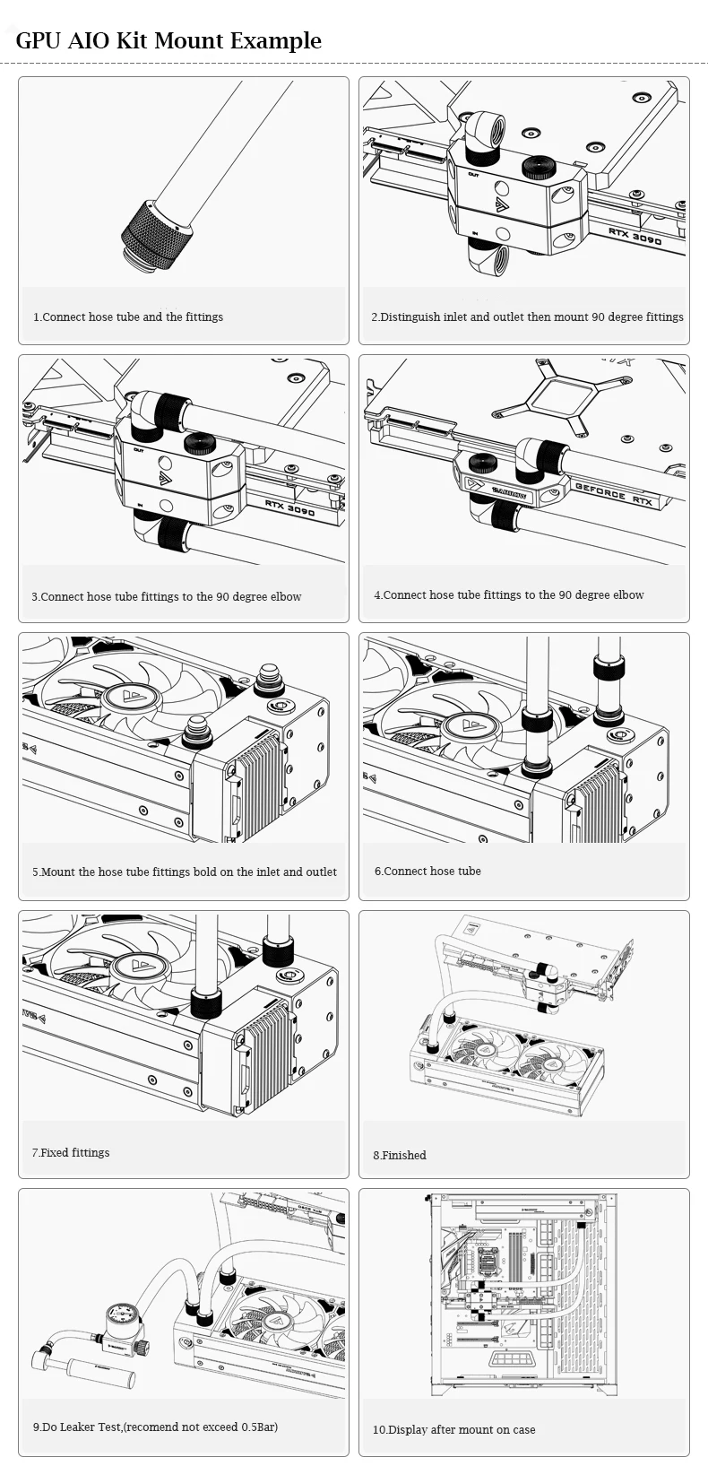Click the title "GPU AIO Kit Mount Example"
(x=168, y=40)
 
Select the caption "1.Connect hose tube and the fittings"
(x=128, y=317)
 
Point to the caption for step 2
(x=527, y=317)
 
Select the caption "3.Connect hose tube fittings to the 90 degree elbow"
(x=167, y=596)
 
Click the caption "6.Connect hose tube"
(x=427, y=871)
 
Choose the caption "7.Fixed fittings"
(x=71, y=1152)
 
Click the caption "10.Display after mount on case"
(x=454, y=1429)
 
